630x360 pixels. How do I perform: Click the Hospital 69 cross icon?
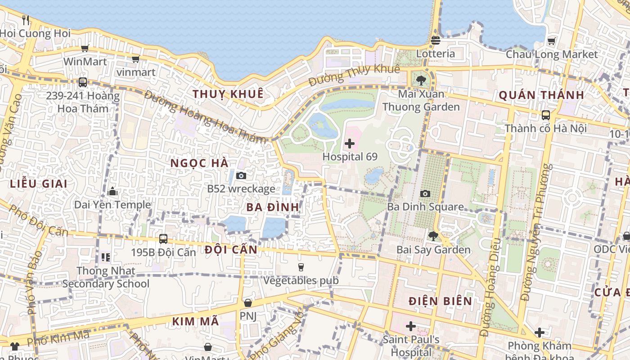pyautogui.click(x=349, y=144)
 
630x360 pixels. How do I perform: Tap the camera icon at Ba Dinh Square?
pyautogui.click(x=425, y=194)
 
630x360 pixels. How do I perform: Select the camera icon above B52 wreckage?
pyautogui.click(x=241, y=176)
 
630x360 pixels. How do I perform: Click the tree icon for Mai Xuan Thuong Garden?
pyautogui.click(x=421, y=81)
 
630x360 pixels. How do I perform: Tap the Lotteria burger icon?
pyautogui.click(x=435, y=40)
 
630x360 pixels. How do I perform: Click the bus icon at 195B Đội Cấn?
pyautogui.click(x=163, y=239)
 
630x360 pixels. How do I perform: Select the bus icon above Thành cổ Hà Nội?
pyautogui.click(x=545, y=115)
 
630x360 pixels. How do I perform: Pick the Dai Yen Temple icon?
pyautogui.click(x=112, y=192)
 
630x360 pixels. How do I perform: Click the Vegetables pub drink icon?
pyautogui.click(x=301, y=267)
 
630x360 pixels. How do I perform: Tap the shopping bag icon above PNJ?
pyautogui.click(x=247, y=303)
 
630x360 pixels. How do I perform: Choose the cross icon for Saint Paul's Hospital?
pyautogui.click(x=410, y=326)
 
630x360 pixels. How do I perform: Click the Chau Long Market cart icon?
pyautogui.click(x=551, y=41)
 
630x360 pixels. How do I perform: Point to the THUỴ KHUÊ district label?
pyautogui.click(x=228, y=94)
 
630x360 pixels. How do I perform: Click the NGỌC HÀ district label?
pyautogui.click(x=199, y=163)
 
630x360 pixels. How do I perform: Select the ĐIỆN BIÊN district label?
pyautogui.click(x=441, y=301)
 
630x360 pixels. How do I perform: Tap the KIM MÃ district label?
pyautogui.click(x=195, y=321)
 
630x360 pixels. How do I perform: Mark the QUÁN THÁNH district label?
pyautogui.click(x=541, y=95)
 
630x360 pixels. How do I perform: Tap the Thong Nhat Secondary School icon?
pyautogui.click(x=106, y=257)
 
